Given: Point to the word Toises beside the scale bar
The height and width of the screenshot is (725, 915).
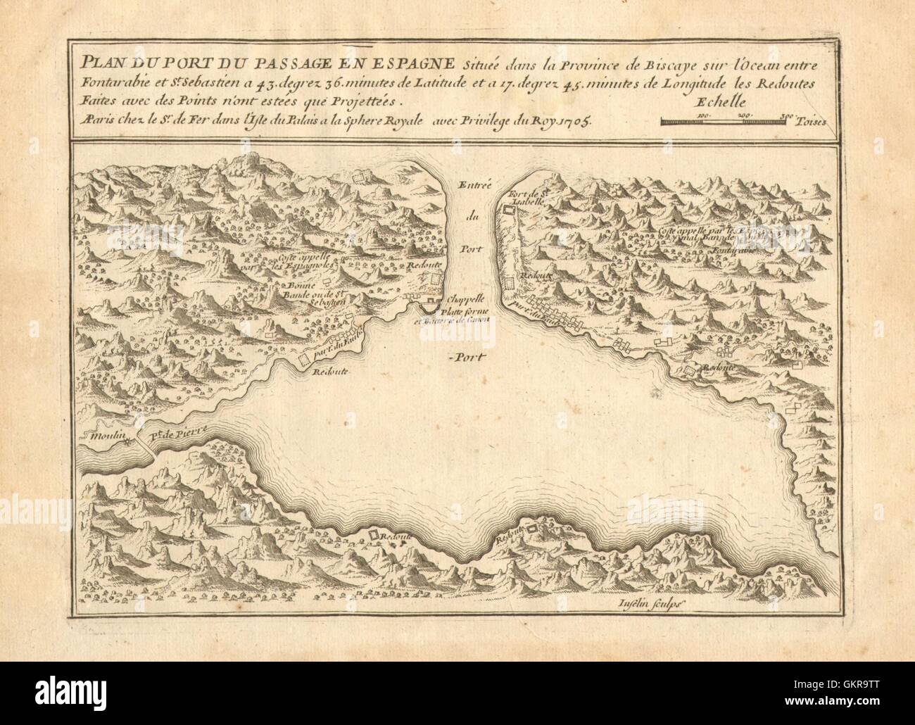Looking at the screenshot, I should coord(813,120).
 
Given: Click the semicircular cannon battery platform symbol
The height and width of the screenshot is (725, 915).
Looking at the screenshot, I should coord(431,306).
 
